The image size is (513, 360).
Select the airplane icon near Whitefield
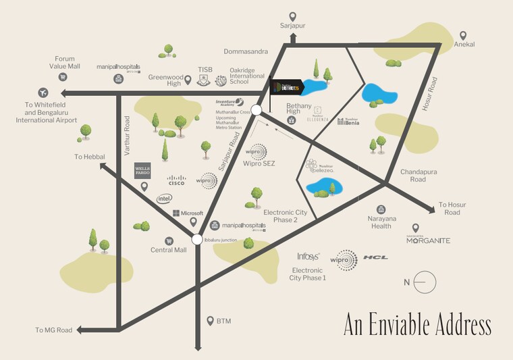tap(44, 93)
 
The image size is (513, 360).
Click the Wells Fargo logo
tap(142, 170)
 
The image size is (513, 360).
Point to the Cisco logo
tap(176, 180)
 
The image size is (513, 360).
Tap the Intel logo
tap(164, 199)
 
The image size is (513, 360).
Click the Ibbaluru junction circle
tap(196, 238)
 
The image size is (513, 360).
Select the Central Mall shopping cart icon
tap(169, 240)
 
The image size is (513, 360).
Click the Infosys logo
tap(308, 257)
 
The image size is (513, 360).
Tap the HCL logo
tap(375, 257)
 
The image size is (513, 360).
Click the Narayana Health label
tap(381, 222)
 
